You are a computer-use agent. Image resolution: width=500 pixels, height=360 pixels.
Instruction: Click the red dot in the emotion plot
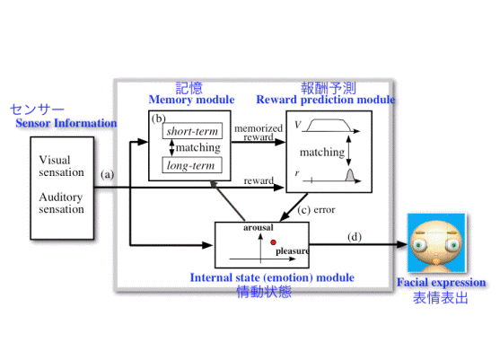(x=273, y=242)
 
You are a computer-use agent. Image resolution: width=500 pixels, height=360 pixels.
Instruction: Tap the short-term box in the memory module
(x=192, y=131)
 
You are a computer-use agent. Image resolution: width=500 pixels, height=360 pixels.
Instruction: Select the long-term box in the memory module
(x=192, y=165)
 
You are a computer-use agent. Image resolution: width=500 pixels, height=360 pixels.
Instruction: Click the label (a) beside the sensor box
(x=107, y=174)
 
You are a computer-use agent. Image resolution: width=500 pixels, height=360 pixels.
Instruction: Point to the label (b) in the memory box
(x=159, y=119)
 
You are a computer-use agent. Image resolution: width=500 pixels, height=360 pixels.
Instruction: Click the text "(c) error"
(x=316, y=210)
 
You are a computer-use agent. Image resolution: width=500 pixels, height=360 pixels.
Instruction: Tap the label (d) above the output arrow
(x=355, y=237)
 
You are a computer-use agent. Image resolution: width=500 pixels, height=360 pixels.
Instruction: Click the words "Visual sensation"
(x=61, y=166)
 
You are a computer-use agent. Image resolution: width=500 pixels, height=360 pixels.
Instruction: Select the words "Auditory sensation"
(x=61, y=203)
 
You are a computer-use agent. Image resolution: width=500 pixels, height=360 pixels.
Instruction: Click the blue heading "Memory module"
(x=191, y=100)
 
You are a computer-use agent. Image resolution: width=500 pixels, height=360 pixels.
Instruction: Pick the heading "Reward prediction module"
(x=326, y=100)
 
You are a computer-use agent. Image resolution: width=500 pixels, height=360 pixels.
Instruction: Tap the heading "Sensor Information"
(x=66, y=123)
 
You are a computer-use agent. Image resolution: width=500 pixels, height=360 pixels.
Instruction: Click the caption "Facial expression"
(x=442, y=282)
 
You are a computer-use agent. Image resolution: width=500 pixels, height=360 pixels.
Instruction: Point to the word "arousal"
(x=259, y=227)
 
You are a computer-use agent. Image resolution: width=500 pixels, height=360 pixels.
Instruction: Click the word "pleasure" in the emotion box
(x=293, y=251)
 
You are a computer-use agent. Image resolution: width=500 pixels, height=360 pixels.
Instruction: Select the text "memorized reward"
(x=259, y=132)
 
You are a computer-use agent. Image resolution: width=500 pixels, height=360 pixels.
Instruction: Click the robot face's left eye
(x=419, y=244)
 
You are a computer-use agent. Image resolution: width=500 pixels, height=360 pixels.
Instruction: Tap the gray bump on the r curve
(x=350, y=175)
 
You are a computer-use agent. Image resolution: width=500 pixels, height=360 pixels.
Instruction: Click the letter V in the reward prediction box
(x=297, y=125)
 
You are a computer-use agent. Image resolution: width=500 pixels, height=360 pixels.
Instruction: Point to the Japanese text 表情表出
(x=441, y=298)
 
